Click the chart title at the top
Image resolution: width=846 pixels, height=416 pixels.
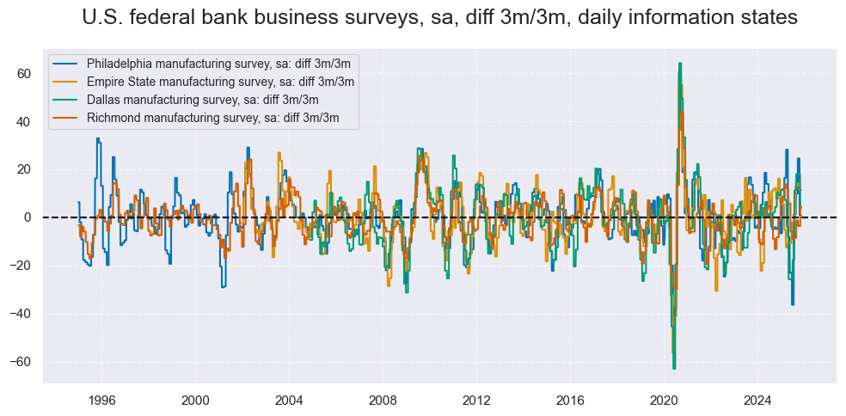click(422, 17)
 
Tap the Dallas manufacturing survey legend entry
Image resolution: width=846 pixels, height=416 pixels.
click(202, 100)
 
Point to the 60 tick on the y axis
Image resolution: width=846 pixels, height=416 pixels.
click(27, 74)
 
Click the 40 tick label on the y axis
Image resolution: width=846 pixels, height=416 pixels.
click(27, 121)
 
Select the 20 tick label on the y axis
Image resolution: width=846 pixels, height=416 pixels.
click(27, 169)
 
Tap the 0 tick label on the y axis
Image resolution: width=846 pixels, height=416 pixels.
click(30, 217)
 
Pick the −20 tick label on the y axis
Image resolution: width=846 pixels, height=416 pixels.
click(23, 266)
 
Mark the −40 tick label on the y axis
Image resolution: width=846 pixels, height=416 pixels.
click(23, 314)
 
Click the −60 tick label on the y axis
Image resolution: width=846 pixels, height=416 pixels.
click(23, 361)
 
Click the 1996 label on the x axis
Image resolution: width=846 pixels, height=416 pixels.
click(101, 400)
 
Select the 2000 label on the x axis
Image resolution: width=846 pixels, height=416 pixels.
click(195, 400)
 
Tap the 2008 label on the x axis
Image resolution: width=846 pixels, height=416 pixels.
click(383, 400)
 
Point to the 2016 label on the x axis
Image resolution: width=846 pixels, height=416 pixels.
click(570, 400)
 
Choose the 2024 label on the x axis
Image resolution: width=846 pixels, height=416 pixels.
click(757, 400)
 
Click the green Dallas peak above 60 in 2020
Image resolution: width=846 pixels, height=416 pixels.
click(680, 64)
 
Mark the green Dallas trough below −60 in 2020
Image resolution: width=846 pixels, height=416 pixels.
click(674, 368)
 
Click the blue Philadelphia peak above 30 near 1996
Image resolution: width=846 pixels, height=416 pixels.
click(97, 138)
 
